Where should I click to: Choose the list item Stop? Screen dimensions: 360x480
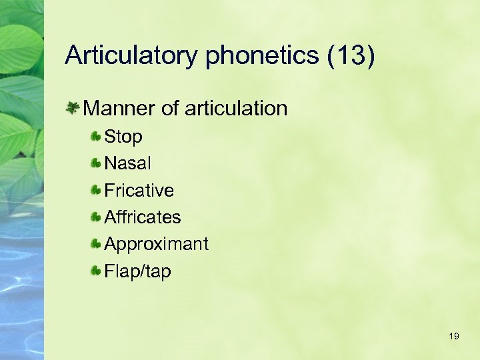click(123, 137)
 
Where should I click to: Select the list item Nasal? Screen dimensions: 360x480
click(128, 163)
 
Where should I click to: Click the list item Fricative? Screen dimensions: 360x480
click(139, 191)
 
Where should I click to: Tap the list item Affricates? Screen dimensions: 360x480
click(143, 217)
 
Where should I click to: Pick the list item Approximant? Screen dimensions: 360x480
click(156, 245)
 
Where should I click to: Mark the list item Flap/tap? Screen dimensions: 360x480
click(137, 271)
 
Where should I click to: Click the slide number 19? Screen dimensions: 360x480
click(454, 336)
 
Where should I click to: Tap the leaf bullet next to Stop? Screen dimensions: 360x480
click(97, 137)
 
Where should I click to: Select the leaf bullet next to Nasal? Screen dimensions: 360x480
click(97, 163)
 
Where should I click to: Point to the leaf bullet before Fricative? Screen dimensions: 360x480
click(97, 190)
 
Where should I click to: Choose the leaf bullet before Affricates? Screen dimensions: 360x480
click(97, 217)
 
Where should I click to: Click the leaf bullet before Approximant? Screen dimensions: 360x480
click(97, 244)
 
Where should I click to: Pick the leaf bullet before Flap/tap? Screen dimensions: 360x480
click(97, 271)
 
